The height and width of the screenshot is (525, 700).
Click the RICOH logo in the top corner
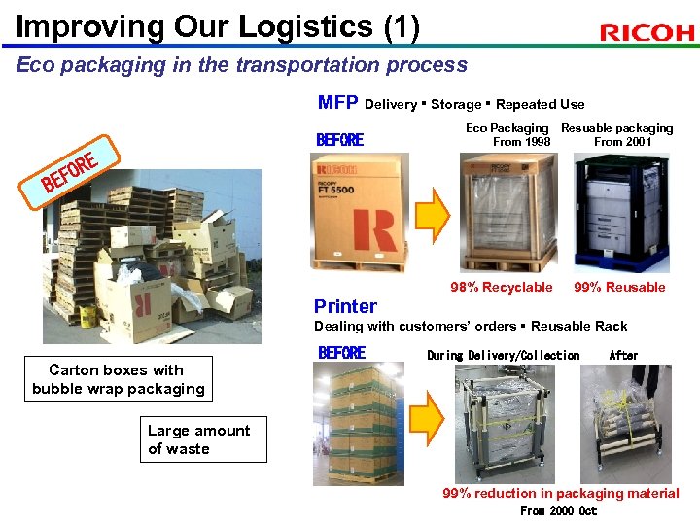coord(647,33)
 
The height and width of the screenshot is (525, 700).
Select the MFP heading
coord(337,103)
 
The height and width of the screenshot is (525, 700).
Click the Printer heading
coord(345,306)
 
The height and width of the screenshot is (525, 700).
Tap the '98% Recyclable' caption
coord(501,287)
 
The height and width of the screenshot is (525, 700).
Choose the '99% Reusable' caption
coord(619,287)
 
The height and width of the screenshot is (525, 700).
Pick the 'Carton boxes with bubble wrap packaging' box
coord(118,379)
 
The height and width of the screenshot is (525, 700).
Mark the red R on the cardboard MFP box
coord(375,227)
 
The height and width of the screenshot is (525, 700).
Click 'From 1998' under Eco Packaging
coord(521,142)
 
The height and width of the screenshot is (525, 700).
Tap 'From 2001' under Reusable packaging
coord(622,142)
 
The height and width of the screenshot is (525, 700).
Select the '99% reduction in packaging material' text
coord(560,493)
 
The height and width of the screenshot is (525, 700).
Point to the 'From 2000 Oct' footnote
coord(558,511)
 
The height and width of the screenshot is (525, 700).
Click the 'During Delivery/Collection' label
coord(503,355)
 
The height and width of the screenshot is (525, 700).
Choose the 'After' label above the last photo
coord(623,355)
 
